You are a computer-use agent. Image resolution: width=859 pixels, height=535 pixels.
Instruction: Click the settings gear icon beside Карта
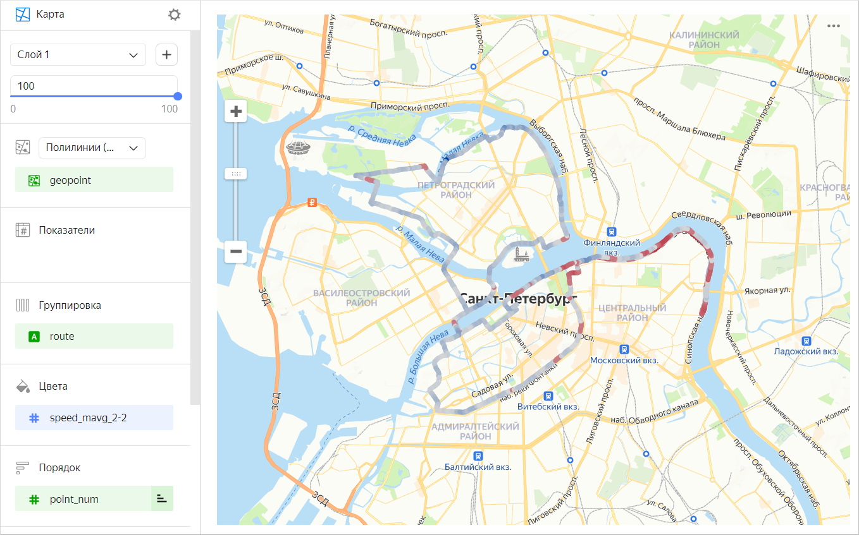(x=174, y=15)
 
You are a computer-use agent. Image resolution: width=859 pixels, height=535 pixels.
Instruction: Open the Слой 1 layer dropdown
(x=78, y=55)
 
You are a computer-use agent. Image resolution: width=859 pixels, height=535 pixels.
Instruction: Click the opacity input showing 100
(x=94, y=86)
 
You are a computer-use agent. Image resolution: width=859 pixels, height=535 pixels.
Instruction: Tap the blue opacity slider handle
(x=178, y=96)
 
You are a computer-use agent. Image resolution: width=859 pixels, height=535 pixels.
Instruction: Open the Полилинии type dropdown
(x=92, y=148)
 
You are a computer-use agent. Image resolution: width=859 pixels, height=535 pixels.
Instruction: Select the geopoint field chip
(x=94, y=180)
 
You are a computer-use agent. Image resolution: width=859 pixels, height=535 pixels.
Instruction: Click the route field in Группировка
(x=94, y=337)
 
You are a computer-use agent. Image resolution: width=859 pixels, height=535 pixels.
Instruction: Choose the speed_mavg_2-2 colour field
(x=94, y=418)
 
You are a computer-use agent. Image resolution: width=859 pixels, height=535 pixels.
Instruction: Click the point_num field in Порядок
(x=82, y=499)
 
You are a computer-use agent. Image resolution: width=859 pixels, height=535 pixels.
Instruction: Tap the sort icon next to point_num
(x=162, y=499)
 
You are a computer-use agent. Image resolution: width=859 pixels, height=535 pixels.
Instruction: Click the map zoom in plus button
(x=236, y=112)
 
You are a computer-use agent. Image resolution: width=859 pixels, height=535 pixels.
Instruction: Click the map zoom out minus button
(x=236, y=251)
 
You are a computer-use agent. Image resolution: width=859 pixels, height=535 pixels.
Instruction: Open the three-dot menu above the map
(x=833, y=27)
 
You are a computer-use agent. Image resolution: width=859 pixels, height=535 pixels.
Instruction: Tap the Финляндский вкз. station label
(x=611, y=247)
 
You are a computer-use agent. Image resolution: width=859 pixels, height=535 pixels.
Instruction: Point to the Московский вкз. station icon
(x=624, y=349)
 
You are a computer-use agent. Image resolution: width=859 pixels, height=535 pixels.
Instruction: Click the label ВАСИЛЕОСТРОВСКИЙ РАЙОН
(x=362, y=298)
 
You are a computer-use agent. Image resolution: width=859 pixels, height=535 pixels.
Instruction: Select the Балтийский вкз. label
(x=478, y=467)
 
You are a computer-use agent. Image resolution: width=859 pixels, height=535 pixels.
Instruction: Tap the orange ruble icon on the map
(x=311, y=203)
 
